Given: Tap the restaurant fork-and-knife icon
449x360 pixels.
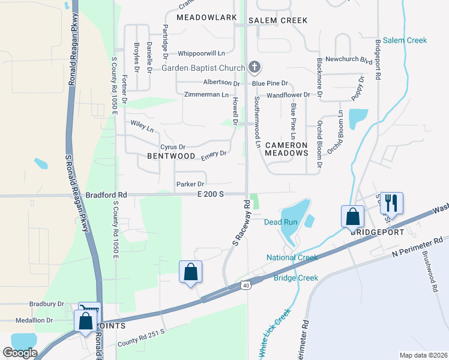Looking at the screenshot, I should pos(391,203).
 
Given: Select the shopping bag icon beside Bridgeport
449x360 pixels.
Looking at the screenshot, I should pos(353,216).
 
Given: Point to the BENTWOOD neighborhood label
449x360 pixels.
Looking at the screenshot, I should pos(171,156).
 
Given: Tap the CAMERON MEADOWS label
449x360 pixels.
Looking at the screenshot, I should pos(286,149).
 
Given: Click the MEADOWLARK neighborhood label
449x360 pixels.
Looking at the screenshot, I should pos(206,17).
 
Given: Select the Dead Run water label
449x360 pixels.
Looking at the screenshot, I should pos(282,222).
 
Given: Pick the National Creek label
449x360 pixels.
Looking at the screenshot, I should pos(292,257).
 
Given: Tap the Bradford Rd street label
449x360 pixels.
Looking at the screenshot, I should pos(106,195).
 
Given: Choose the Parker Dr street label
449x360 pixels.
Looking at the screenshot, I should pos(190,184).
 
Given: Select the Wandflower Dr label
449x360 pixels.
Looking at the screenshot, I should pos(288,95).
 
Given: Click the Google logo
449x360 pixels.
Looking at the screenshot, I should pos(20,352).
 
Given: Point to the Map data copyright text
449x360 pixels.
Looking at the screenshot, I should pos(424,355).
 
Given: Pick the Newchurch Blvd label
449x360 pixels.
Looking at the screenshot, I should pos(341,60).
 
